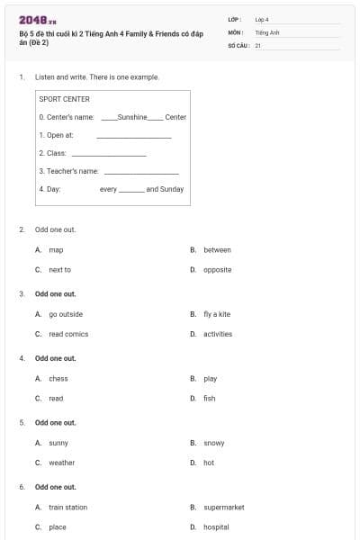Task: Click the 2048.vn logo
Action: point(38,20)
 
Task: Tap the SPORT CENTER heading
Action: point(65,99)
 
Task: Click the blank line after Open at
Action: point(133,136)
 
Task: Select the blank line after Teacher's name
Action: point(141,171)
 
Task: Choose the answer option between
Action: point(217,249)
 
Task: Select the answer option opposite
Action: point(217,269)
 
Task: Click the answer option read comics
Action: point(68,334)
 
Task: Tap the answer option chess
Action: point(58,379)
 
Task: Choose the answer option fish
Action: point(210,398)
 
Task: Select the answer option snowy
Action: point(214,443)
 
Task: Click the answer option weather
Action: point(62,463)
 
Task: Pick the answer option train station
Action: point(68,507)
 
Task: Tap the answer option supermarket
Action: point(224,507)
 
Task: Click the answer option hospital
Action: point(216,526)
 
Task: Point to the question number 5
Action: point(22,422)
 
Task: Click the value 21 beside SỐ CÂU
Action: point(258,45)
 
